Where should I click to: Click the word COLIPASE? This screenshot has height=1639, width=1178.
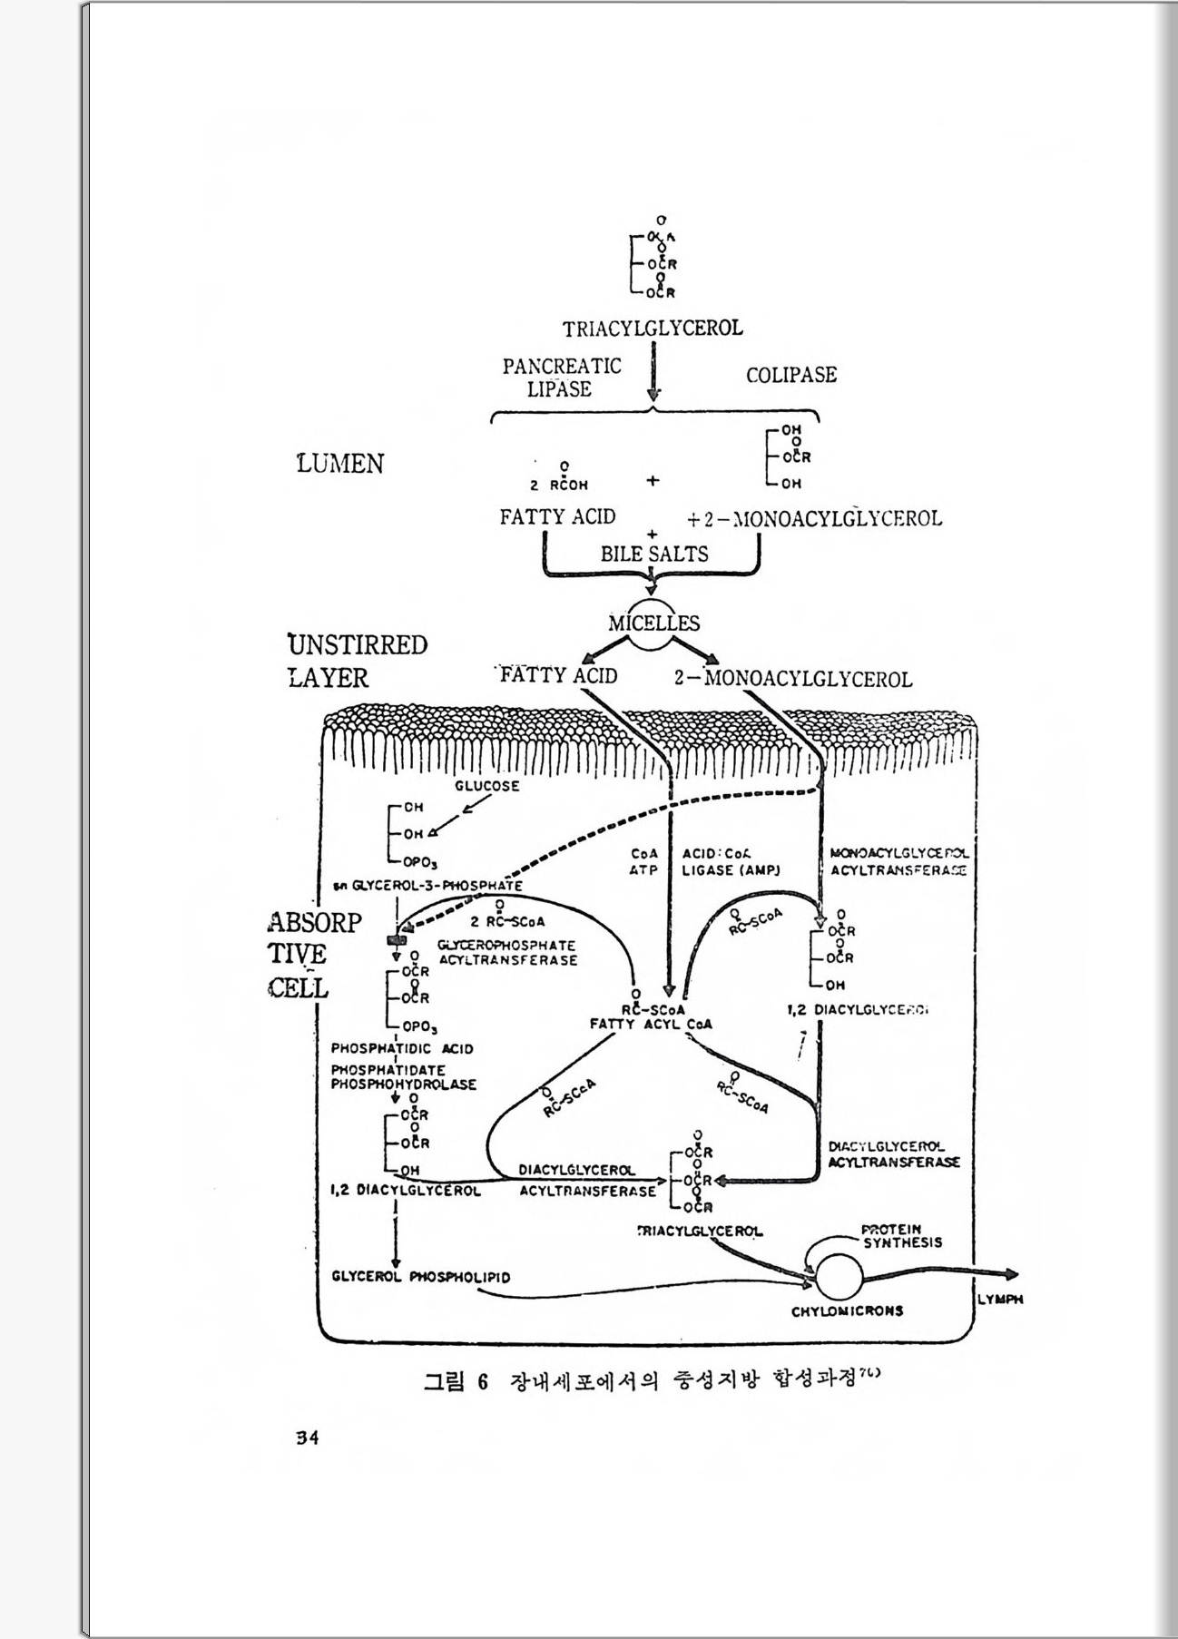point(790,375)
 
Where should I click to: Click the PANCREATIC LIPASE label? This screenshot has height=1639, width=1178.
point(562,378)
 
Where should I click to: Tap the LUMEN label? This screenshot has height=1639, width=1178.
point(340,464)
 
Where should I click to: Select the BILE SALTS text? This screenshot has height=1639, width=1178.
point(653,554)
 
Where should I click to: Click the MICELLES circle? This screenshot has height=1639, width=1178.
point(653,626)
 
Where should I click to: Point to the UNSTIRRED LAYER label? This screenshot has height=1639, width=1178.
point(356,661)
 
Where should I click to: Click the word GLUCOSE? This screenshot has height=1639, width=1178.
point(487,786)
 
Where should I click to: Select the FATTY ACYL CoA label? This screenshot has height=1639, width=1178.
point(651,1025)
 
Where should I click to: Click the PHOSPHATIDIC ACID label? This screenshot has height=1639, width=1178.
point(402,1048)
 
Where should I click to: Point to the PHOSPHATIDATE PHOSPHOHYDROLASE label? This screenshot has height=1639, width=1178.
point(403,1077)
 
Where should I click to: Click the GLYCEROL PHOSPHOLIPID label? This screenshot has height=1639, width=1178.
point(421,1277)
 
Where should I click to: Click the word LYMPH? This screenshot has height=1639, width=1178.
point(1000,1300)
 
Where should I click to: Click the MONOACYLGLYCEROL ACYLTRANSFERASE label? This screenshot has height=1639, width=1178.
point(898,861)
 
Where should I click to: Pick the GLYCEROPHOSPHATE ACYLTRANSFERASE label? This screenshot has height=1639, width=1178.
point(506,952)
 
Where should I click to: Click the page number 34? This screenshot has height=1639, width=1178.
point(307,1438)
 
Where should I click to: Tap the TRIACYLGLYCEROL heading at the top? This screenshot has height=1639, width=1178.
point(653,329)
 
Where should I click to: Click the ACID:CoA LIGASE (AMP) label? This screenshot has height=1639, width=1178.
point(731,861)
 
